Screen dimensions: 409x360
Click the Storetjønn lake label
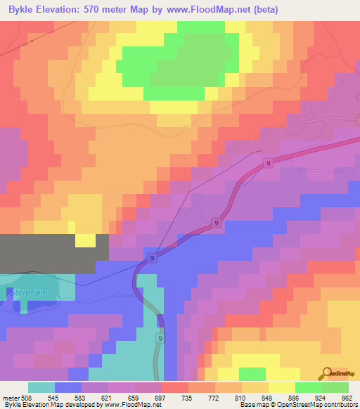click(x=32, y=291)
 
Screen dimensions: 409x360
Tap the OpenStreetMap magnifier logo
click(x=327, y=374)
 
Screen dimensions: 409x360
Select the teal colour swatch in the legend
click(x=41, y=387)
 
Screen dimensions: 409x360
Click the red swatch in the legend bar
click(x=174, y=387)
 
